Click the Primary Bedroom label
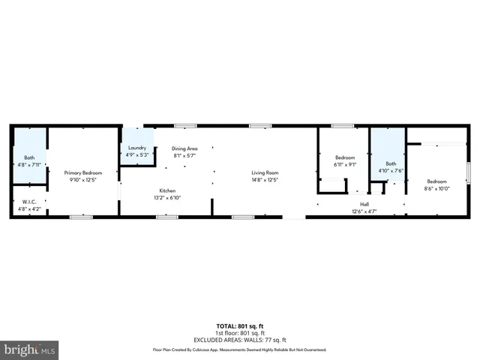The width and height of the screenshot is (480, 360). (82, 172)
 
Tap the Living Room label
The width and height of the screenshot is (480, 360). (265, 172)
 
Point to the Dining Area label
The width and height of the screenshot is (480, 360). (184, 148)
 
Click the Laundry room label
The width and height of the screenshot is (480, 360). (136, 148)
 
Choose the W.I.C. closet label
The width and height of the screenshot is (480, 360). (29, 201)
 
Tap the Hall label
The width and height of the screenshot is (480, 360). (364, 204)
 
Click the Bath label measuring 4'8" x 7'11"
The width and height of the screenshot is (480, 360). (29, 157)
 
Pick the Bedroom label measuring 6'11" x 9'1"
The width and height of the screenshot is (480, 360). (344, 157)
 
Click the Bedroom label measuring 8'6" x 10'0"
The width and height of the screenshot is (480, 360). (437, 181)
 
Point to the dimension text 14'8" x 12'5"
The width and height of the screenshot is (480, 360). (265, 180)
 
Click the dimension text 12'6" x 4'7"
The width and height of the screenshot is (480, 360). (364, 211)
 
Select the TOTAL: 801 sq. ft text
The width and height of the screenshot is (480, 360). (240, 325)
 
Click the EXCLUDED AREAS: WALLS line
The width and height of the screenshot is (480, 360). (240, 338)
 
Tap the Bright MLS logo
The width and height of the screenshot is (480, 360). (30, 349)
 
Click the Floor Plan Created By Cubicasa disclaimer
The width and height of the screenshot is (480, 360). (240, 349)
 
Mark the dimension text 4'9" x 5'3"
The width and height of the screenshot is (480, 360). (136, 155)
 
